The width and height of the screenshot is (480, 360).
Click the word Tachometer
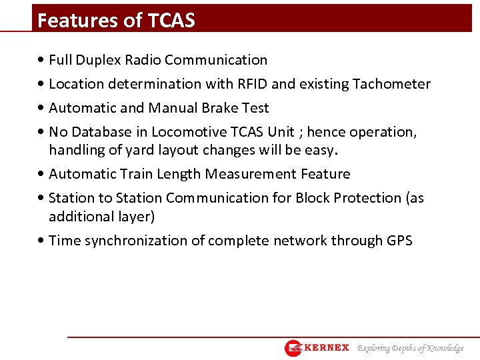391,84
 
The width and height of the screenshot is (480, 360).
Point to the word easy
321,150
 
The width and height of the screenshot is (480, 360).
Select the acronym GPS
399,241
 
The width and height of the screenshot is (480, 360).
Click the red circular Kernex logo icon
293,348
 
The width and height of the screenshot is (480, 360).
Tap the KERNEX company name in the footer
327,348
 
